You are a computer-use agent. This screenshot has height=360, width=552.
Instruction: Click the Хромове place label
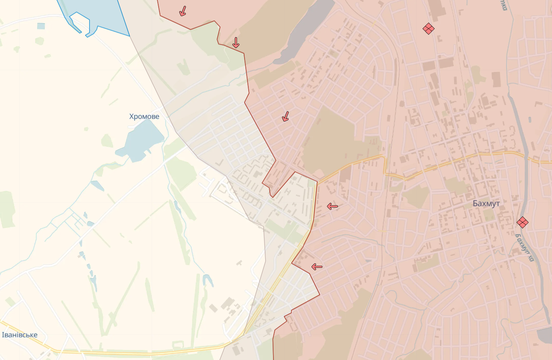pyautogui.click(x=144, y=117)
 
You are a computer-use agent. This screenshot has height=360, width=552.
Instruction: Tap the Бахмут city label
pyautogui.click(x=486, y=204)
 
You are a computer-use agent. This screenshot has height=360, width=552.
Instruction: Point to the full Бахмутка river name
pyautogui.click(x=525, y=246)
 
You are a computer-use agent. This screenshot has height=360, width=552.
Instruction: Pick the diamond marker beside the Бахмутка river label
pyautogui.click(x=522, y=222)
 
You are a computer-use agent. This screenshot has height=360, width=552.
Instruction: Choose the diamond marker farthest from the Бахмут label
pyautogui.click(x=428, y=28)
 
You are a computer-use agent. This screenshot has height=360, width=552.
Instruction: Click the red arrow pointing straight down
pyautogui.click(x=236, y=43)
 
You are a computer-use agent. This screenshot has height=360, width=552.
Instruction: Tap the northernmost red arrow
pyautogui.click(x=182, y=11)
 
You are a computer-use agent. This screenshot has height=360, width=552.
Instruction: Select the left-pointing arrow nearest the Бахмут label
pyautogui.click(x=333, y=206)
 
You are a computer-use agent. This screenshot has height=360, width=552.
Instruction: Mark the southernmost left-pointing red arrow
pyautogui.click(x=317, y=267)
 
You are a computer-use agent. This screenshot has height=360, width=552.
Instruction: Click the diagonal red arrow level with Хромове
pyautogui.click(x=285, y=117)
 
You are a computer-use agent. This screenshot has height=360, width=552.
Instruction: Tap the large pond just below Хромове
pyautogui.click(x=140, y=141)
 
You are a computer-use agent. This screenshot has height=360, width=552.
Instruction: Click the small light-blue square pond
pyautogui.click(x=41, y=26)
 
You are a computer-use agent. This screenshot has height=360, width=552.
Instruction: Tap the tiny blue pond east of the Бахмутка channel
pyautogui.click(x=530, y=120)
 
